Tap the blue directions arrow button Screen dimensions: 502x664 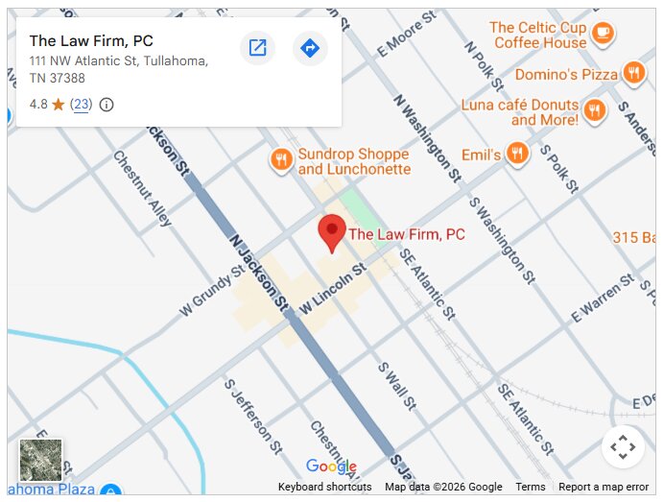click(309, 48)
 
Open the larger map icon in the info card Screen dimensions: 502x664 click(257, 48)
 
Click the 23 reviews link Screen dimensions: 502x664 click(81, 105)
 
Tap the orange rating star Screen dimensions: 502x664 click(58, 105)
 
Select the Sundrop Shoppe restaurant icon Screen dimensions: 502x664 click(280, 160)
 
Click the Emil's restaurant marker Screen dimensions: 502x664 click(518, 154)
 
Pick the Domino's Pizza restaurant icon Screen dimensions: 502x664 click(633, 73)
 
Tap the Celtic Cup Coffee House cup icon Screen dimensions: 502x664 click(603, 34)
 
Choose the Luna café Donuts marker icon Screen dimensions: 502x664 click(595, 109)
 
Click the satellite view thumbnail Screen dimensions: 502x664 click(41, 460)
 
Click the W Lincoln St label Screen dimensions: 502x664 click(334, 287)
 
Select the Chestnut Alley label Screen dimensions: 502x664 click(142, 188)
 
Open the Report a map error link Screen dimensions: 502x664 click(604, 487)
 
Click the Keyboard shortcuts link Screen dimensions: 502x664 click(324, 487)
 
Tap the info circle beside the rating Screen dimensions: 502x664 click(107, 105)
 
